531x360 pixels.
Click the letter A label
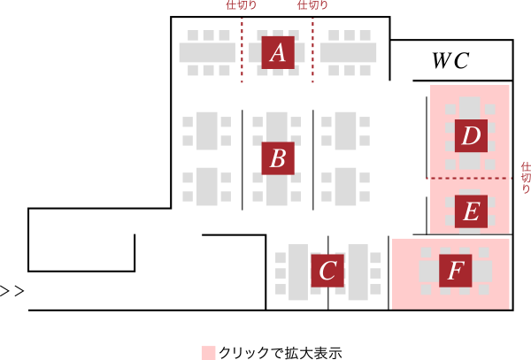[x=278, y=52]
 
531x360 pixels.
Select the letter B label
[x=278, y=158]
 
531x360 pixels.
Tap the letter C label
[x=327, y=271]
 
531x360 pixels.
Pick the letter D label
[x=471, y=136]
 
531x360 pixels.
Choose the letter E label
[x=471, y=211]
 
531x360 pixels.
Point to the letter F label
[x=455, y=270]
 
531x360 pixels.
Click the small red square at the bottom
[x=208, y=353]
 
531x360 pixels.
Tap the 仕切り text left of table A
[x=241, y=5]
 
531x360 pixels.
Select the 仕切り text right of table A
[x=312, y=5]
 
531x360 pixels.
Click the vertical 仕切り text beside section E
[x=525, y=177]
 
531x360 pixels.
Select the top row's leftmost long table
[x=207, y=52]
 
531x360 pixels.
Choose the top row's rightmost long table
[x=348, y=52]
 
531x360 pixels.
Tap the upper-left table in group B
[x=207, y=131]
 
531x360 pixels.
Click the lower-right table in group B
[x=346, y=187]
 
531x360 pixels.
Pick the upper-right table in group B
[x=346, y=131]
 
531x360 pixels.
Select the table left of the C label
[x=298, y=272]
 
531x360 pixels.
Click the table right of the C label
[x=358, y=272]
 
